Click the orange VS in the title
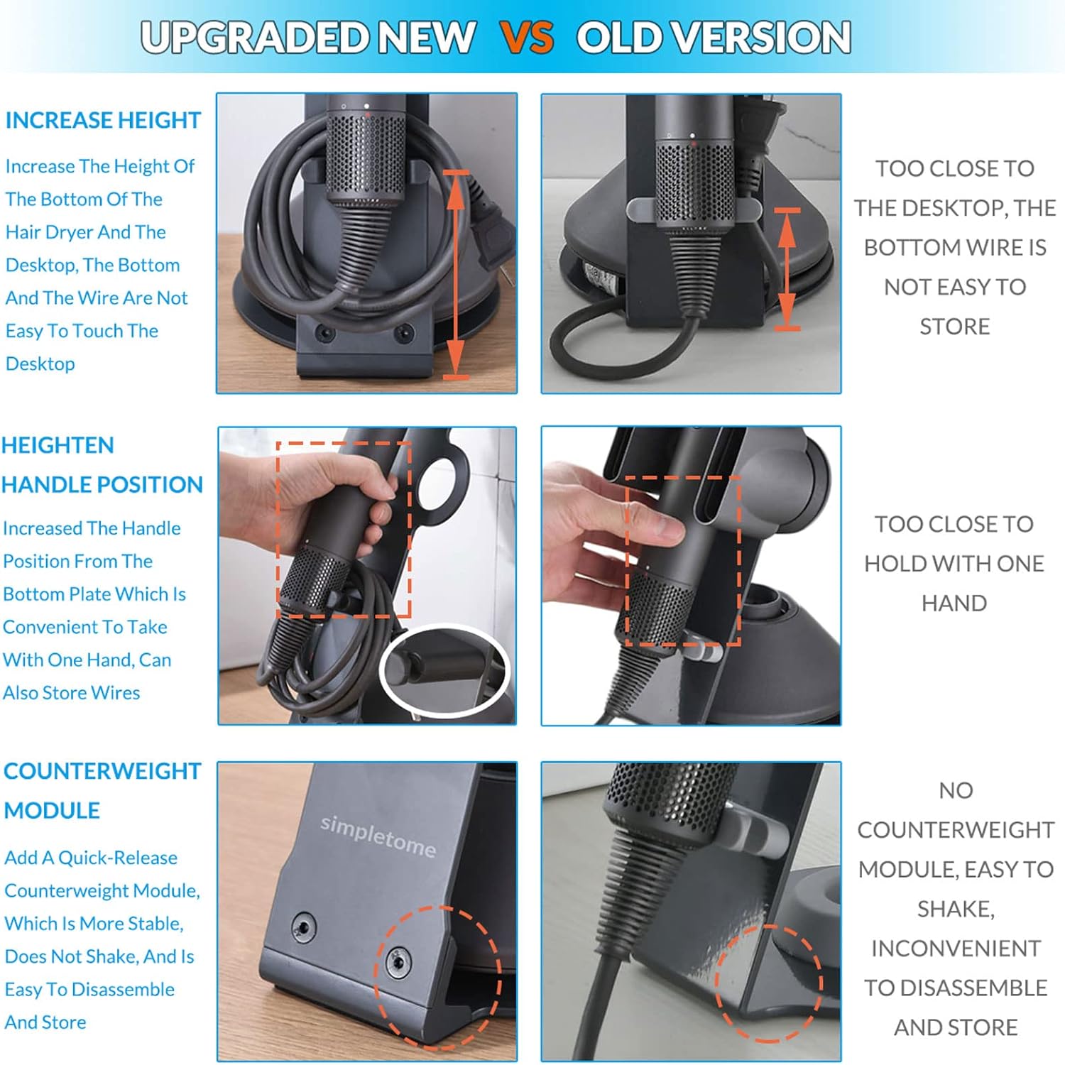pos(527,37)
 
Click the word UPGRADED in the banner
pos(254,37)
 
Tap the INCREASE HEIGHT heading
pos(103,120)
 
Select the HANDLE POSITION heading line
pos(102,484)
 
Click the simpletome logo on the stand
pos(378,835)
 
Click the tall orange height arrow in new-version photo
pos(456,274)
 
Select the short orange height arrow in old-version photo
pos(787,270)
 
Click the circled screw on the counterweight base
pos(398,963)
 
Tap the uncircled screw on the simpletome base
pos(304,926)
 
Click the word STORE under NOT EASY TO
pos(954,326)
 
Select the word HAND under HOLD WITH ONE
pos(954,603)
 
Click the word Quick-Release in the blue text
pos(118,858)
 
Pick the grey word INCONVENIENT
pos(956,949)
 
